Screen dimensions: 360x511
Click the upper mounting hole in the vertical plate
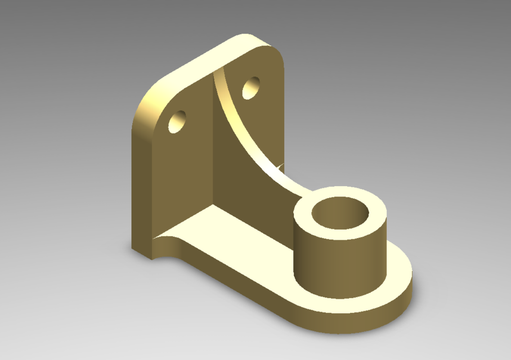251,88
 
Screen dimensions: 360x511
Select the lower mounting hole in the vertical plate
178,121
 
